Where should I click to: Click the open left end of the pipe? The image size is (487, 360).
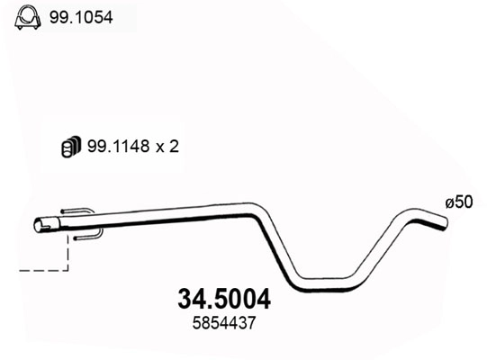(39, 224)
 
